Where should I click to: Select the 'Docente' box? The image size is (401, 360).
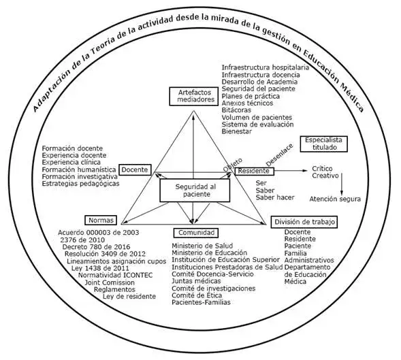tap(136, 169)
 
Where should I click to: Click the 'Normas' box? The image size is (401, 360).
tap(101, 220)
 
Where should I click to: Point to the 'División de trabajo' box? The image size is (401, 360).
tap(304, 222)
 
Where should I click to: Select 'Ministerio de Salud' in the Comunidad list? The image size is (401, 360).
tap(199, 245)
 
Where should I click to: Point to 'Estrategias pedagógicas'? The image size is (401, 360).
tap(80, 184)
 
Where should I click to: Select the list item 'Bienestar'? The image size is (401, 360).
tap(238, 132)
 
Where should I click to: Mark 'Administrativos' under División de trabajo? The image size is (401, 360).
tap(309, 259)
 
